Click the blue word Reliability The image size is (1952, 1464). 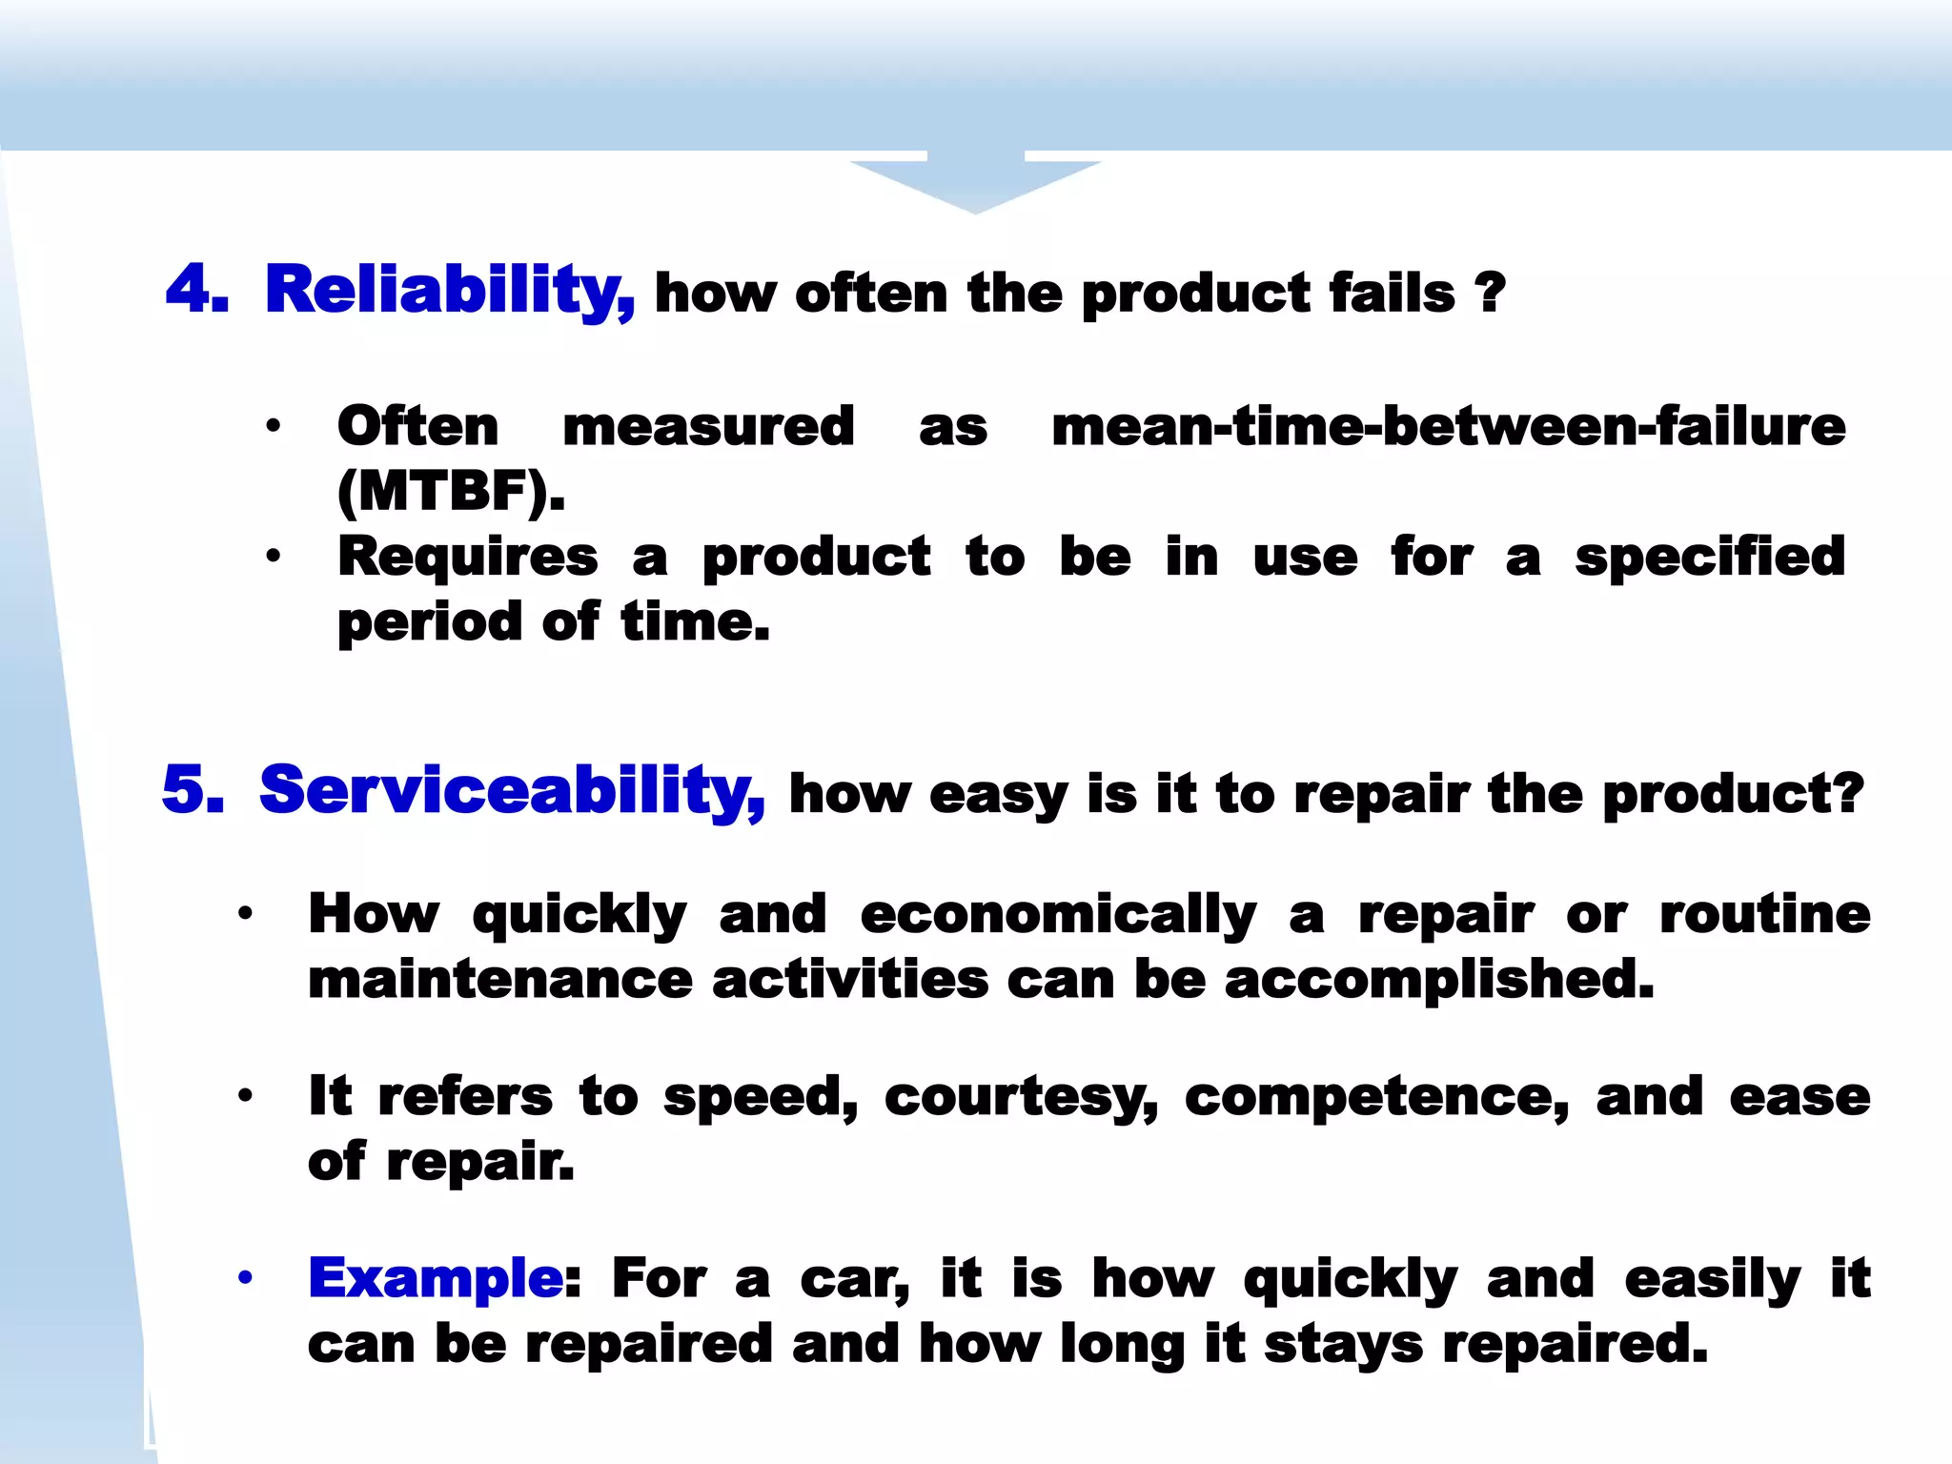click(449, 290)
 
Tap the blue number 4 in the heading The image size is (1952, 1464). click(196, 288)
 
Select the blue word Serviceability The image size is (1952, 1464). click(511, 790)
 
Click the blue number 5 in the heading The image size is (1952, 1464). click(193, 789)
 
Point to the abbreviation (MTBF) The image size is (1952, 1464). click(451, 492)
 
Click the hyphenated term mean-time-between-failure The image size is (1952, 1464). click(1448, 426)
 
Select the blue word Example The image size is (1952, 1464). click(435, 1277)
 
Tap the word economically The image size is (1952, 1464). click(1058, 915)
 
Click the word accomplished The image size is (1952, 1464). click(1439, 980)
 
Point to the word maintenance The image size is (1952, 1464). click(499, 980)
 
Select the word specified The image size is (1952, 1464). click(1710, 557)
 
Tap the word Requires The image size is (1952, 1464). click(468, 557)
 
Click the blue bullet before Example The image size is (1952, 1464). click(246, 1277)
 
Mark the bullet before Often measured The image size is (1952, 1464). click(274, 426)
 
